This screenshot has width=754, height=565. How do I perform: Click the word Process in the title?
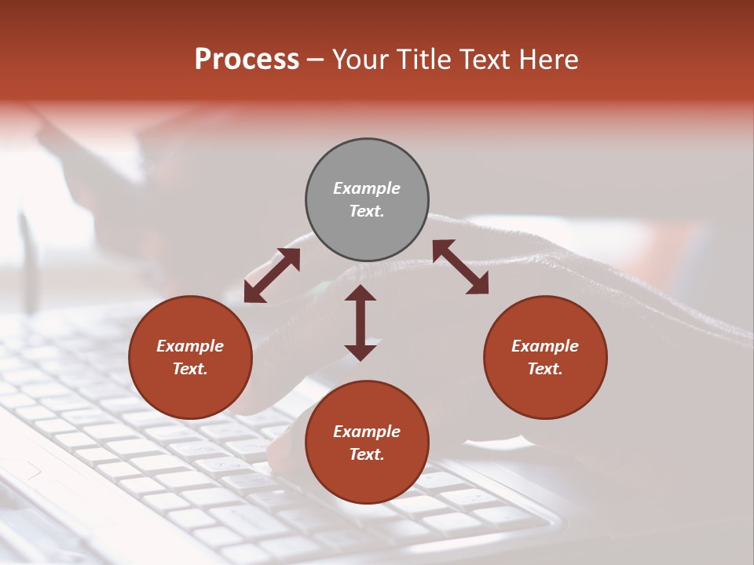(247, 60)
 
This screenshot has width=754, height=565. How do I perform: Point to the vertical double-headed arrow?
(361, 323)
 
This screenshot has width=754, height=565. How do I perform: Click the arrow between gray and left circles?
(272, 275)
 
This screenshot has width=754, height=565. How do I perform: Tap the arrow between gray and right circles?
(460, 267)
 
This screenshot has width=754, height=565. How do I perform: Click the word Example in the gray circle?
(367, 188)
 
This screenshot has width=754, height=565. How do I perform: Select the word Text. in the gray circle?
(367, 211)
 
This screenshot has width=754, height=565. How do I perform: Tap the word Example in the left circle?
(190, 346)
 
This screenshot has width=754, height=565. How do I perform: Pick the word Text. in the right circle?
(545, 369)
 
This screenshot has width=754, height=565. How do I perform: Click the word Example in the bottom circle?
(367, 432)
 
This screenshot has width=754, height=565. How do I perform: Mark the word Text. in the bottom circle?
(367, 454)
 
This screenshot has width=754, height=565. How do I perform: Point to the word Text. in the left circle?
(190, 369)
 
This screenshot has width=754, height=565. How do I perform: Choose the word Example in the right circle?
(545, 346)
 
